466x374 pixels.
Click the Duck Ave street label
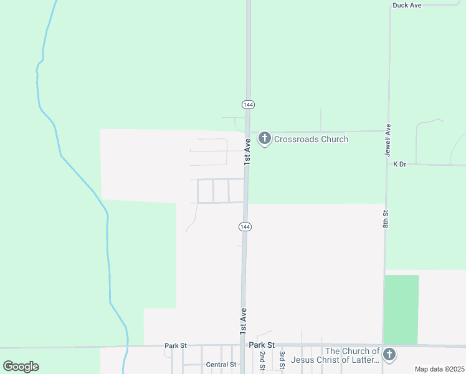(x=407, y=6)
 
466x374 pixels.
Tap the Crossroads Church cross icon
(x=264, y=138)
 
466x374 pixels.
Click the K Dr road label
(x=400, y=164)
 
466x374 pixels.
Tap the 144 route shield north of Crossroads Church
(x=249, y=104)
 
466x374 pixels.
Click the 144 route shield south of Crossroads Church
(x=245, y=227)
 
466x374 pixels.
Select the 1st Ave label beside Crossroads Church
(x=247, y=151)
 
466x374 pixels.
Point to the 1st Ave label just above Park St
(x=243, y=320)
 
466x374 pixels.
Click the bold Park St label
(x=262, y=345)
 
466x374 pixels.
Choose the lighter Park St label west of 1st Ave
(x=176, y=345)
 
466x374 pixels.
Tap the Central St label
(x=221, y=365)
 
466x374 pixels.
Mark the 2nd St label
(x=262, y=361)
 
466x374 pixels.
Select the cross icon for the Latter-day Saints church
(x=389, y=355)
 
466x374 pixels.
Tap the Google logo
(x=21, y=367)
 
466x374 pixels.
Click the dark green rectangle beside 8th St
(x=401, y=309)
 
